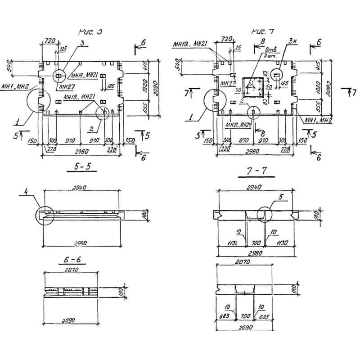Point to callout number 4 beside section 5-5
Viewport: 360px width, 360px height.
(x=26, y=195)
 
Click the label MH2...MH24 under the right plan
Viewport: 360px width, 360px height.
(x=237, y=125)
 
